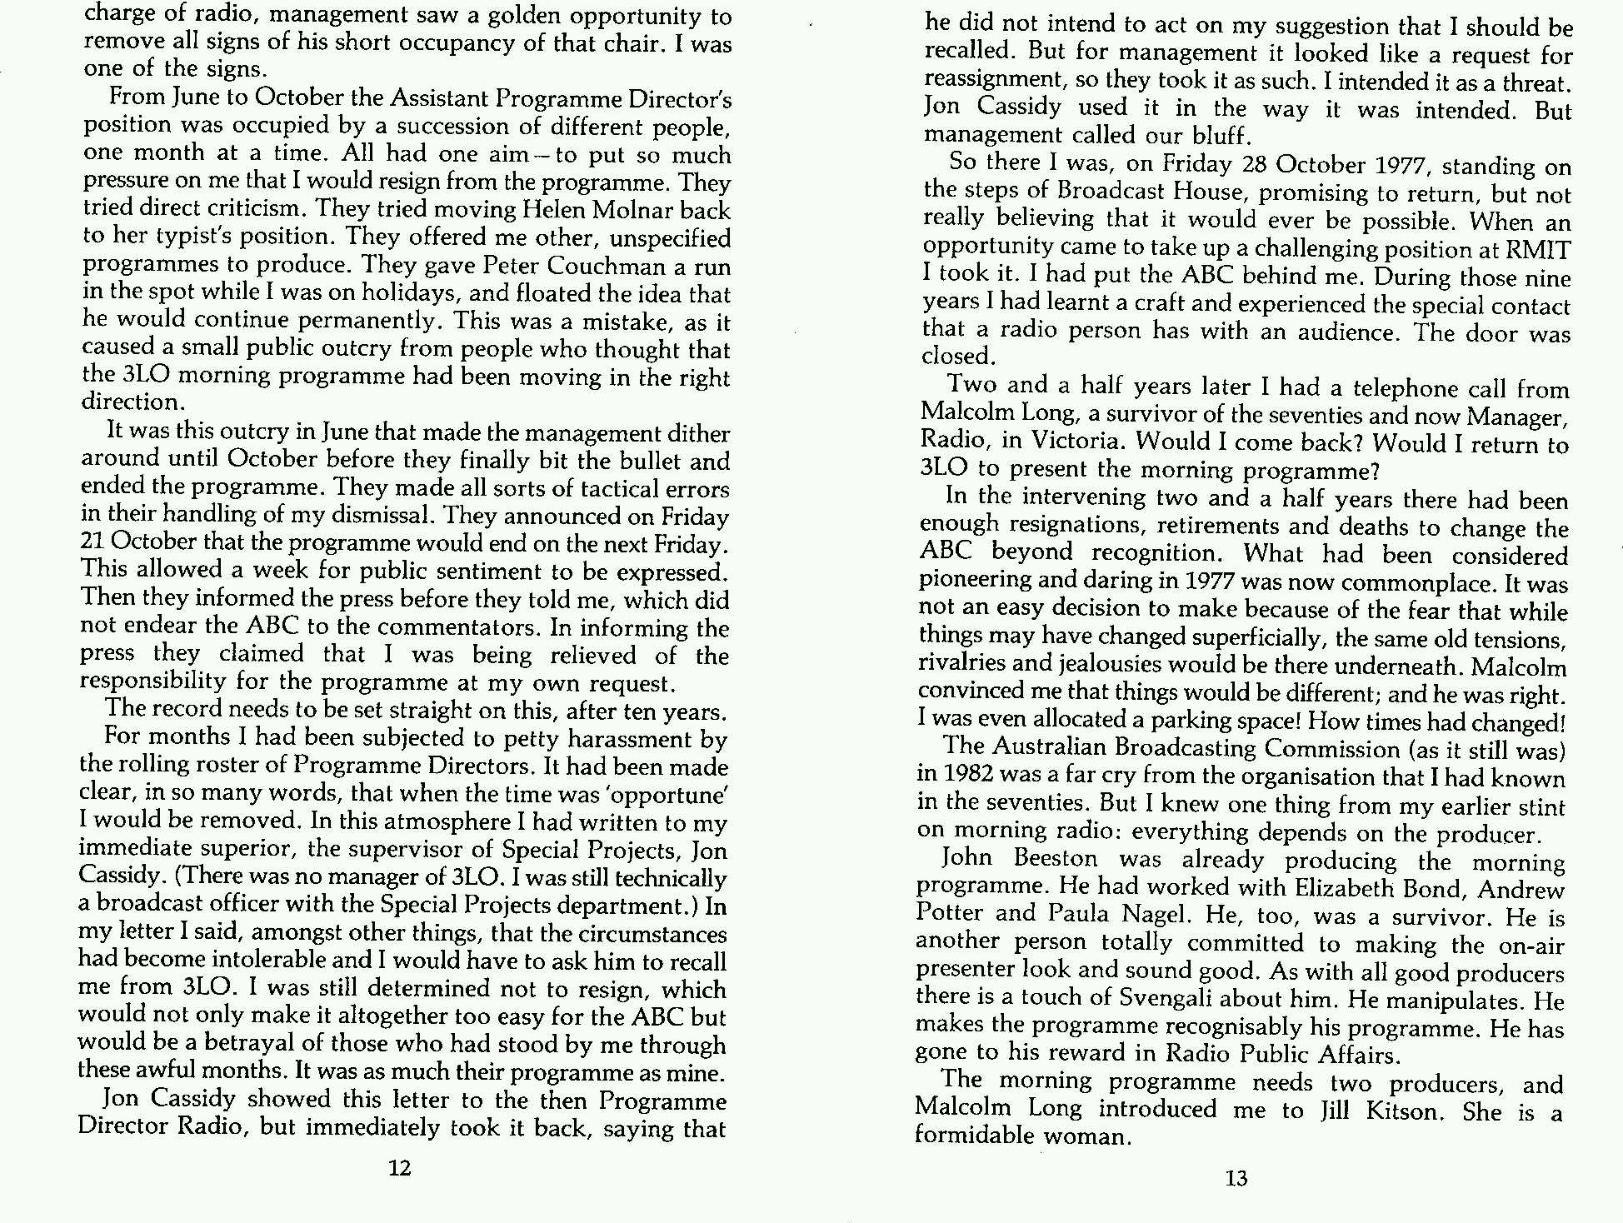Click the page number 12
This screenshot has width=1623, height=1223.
pos(400,1168)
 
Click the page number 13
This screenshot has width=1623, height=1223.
pos(1236,1178)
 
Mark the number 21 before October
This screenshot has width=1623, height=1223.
pos(92,542)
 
